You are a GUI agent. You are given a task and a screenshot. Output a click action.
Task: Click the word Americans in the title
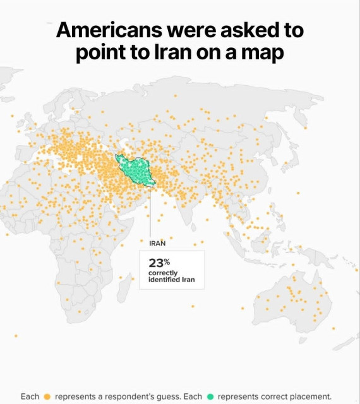107,30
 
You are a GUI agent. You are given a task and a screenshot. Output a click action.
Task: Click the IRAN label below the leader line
157,242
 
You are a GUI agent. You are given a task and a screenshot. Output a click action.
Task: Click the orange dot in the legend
47,396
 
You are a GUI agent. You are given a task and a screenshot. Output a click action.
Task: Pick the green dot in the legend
210,396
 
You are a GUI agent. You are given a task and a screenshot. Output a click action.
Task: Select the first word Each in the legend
30,396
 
